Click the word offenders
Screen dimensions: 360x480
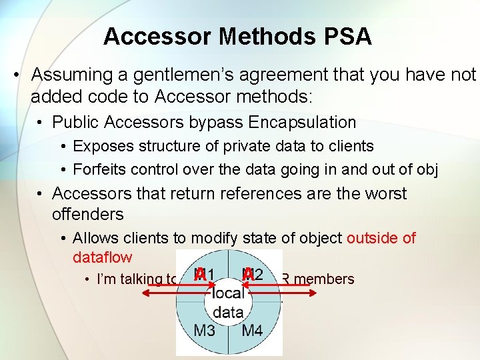coord(87,214)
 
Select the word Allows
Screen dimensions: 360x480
coord(95,238)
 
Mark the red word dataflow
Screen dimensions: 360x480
coord(101,257)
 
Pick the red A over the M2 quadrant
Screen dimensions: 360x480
coord(249,274)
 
